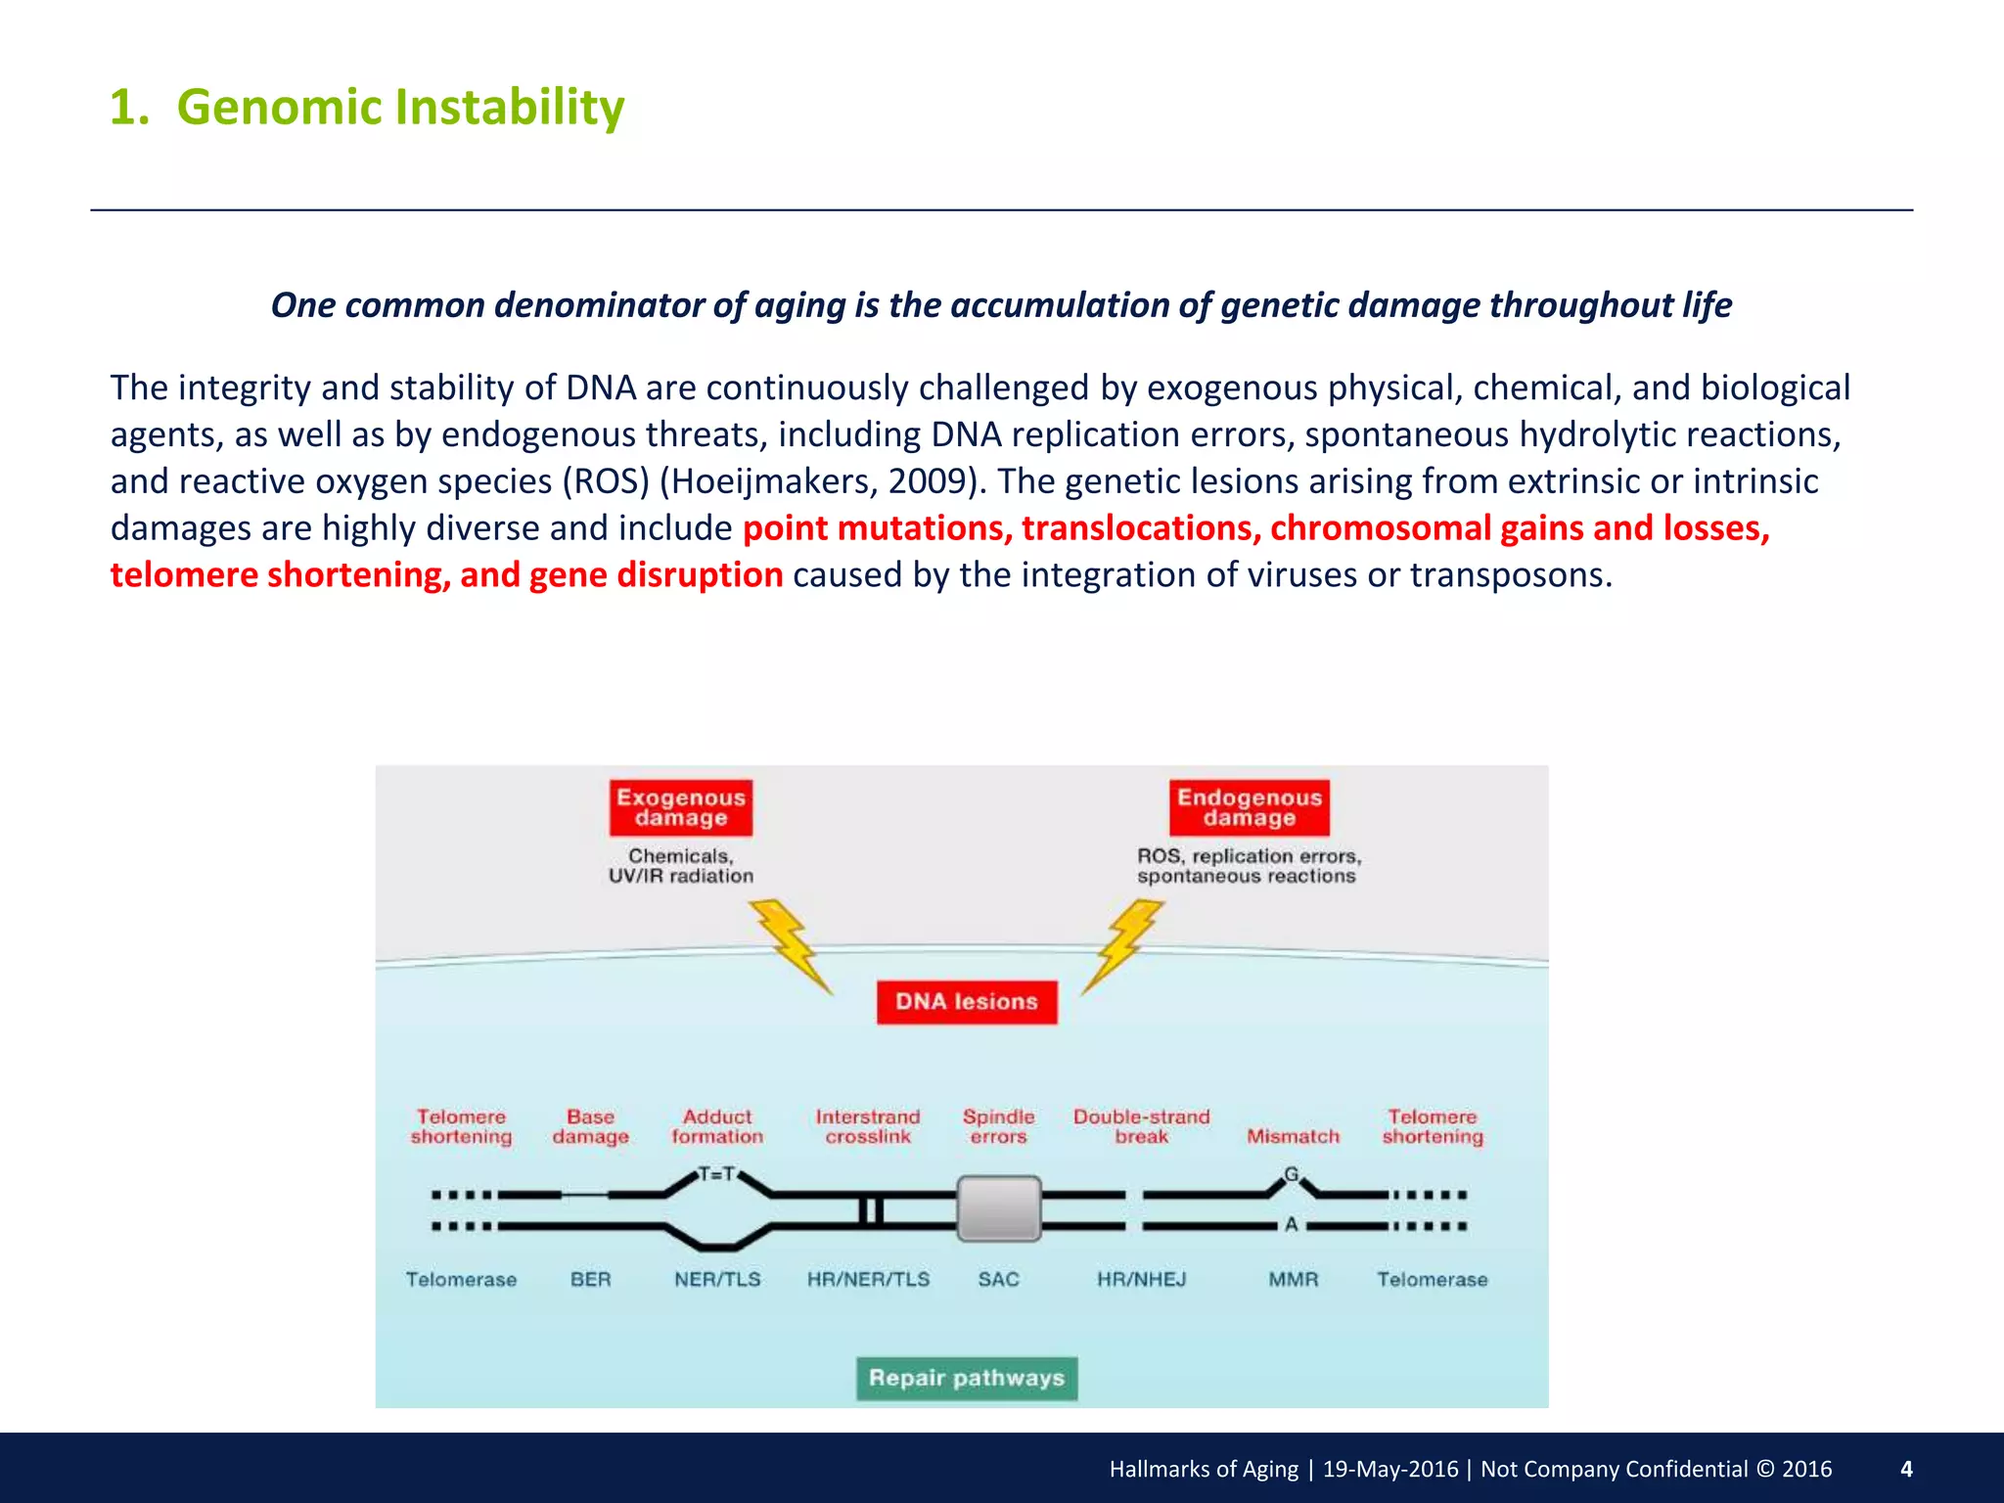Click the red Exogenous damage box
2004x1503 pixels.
coord(681,808)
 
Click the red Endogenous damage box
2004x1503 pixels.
coord(1250,808)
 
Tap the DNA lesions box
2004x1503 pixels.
coord(967,1002)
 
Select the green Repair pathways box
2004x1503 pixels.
coord(967,1378)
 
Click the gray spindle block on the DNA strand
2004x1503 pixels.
coord(998,1209)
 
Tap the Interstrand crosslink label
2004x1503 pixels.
coord(868,1126)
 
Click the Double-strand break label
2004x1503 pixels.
coord(1141,1126)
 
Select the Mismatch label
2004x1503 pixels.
coord(1293,1136)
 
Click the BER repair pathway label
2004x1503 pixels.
coord(590,1279)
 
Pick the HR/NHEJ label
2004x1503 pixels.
coord(1141,1279)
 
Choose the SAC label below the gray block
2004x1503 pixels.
coord(998,1279)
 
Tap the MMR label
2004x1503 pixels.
coord(1293,1279)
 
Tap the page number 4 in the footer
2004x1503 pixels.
coord(1905,1469)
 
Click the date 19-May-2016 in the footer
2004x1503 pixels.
coord(1389,1469)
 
